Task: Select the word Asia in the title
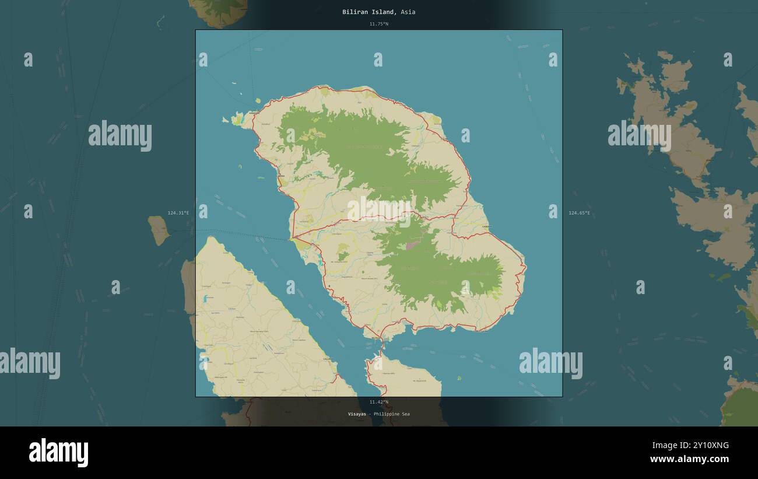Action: tap(408, 12)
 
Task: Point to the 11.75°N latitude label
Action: tap(378, 24)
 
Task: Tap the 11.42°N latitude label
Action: tap(378, 402)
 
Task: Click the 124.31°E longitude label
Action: tap(178, 213)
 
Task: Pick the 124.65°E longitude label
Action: tap(579, 213)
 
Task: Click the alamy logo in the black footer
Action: tap(58, 453)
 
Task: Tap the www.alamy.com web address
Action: tap(689, 460)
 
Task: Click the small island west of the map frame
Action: tap(158, 230)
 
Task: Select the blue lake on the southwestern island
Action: tap(205, 299)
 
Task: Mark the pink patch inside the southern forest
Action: tap(412, 246)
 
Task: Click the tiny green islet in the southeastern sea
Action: tap(459, 378)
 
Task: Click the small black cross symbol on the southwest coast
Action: tap(329, 286)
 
